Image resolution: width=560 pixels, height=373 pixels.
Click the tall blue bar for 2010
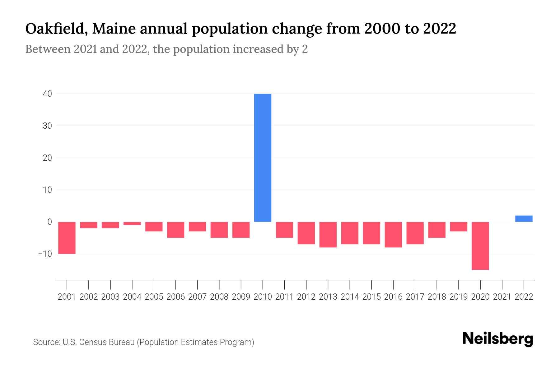tap(263, 158)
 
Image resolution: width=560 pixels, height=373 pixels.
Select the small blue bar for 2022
tap(524, 219)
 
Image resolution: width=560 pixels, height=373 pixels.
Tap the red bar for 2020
tap(480, 246)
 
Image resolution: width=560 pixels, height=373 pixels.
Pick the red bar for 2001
tap(67, 238)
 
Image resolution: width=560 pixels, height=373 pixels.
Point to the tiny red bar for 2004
tap(132, 223)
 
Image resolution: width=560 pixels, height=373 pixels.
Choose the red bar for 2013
tap(328, 234)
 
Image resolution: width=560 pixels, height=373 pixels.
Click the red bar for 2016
tap(393, 234)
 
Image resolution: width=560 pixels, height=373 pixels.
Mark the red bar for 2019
tap(459, 227)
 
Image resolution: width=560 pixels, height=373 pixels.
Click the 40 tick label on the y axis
tap(47, 94)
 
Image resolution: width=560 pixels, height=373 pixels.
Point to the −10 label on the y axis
tap(45, 254)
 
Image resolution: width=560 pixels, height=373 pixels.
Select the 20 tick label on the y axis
tap(47, 158)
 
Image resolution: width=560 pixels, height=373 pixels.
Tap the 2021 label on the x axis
tap(502, 297)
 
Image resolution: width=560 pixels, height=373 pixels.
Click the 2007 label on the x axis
tap(198, 297)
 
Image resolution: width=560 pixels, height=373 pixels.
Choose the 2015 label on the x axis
tap(371, 297)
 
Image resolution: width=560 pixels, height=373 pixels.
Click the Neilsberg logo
tap(498, 339)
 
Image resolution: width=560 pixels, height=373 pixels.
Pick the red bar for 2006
tap(176, 230)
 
